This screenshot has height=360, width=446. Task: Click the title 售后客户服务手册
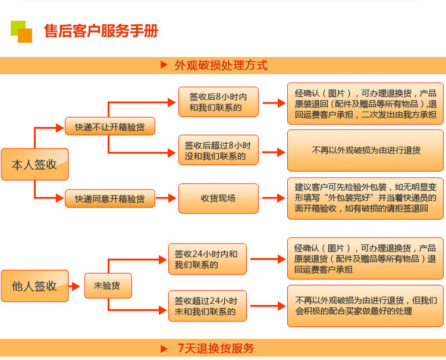point(101,31)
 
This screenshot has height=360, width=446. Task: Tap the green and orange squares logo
point(21,31)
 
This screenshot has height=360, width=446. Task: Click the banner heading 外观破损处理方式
point(221,65)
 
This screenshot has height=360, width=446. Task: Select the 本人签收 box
point(34,165)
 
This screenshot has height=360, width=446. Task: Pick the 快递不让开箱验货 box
point(109,127)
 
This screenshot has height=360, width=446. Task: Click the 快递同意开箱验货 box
point(109,198)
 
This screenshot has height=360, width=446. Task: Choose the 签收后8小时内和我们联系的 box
point(218,102)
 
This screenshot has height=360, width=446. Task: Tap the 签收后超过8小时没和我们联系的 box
point(218,150)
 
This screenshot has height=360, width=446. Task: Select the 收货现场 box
point(218,198)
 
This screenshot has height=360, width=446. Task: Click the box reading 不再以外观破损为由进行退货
point(365,150)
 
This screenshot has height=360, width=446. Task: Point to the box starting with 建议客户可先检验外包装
point(365,198)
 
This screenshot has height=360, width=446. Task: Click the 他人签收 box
point(34,286)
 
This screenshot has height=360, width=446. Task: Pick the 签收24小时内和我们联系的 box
point(206,259)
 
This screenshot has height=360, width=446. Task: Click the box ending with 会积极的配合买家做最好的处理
point(365,306)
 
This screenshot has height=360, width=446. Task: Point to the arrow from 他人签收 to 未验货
point(75,286)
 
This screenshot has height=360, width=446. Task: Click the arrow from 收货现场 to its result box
point(274,198)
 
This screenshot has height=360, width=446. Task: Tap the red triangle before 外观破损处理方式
point(164,65)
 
